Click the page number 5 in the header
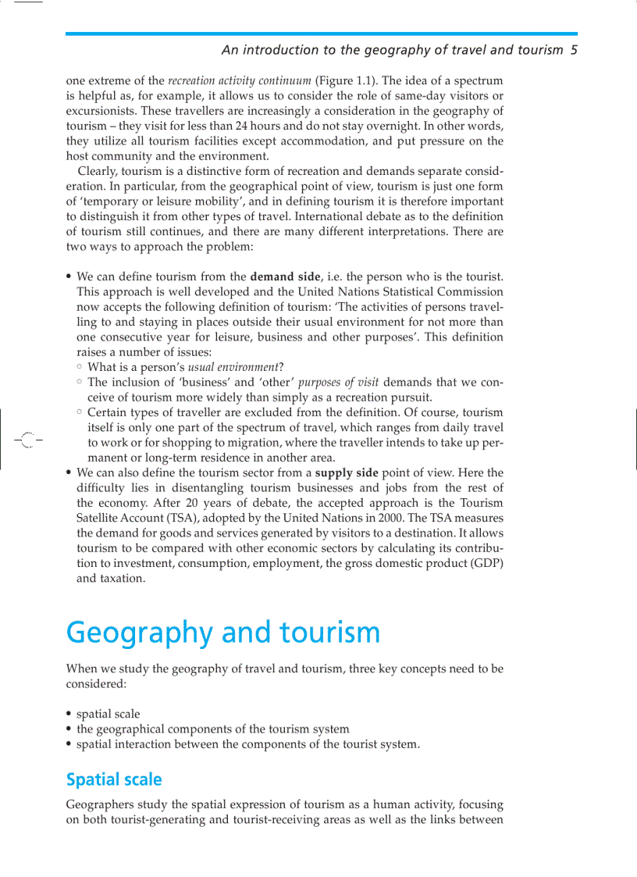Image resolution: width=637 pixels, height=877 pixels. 574,50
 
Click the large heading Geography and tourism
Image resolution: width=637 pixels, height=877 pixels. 223,632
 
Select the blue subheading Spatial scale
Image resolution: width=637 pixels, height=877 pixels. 114,779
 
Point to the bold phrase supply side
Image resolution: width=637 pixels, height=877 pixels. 348,472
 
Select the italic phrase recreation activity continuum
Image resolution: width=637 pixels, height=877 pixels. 240,80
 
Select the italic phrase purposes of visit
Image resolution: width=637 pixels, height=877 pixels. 339,382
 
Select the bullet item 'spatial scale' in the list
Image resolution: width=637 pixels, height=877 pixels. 109,714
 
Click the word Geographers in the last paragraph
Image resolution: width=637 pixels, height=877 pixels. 98,804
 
